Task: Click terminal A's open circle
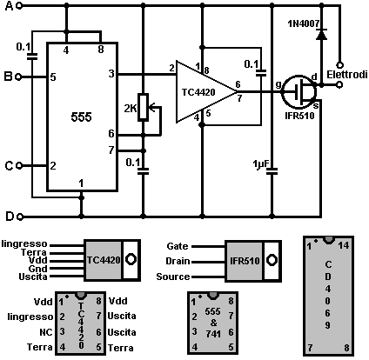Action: pos(19,5)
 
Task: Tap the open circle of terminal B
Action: pos(18,77)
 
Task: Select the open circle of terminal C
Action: pos(19,166)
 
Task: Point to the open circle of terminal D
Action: pos(20,217)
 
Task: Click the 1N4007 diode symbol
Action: pos(321,34)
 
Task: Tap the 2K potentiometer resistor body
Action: pos(143,107)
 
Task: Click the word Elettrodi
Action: pos(347,75)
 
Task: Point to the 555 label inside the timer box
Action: pos(81,117)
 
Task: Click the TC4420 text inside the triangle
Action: pos(198,92)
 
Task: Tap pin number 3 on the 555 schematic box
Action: pos(111,74)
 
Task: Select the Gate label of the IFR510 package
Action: pos(178,246)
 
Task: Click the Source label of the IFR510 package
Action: pos(173,277)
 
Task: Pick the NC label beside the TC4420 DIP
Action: pos(46,332)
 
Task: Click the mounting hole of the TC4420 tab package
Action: pos(131,259)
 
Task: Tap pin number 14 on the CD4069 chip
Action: pos(344,246)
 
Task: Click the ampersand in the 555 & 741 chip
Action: pos(213,323)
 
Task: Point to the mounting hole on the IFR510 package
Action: pos(272,260)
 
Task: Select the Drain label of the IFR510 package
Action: pos(178,261)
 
